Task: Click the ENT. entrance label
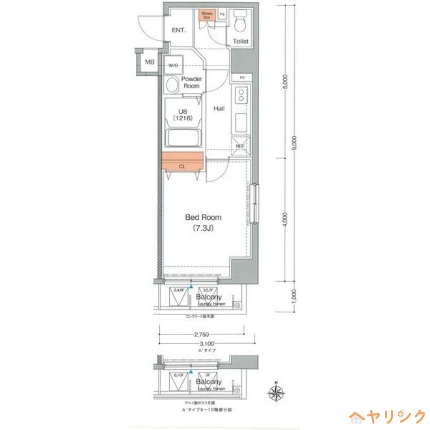click(178, 30)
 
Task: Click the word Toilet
click(241, 41)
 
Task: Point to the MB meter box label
click(150, 62)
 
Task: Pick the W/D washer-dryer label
click(174, 65)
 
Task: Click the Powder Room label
click(191, 82)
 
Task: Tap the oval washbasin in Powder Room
click(171, 85)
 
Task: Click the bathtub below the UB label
click(184, 140)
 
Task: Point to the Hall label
click(219, 109)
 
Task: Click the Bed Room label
click(203, 218)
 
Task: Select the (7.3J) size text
click(203, 228)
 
